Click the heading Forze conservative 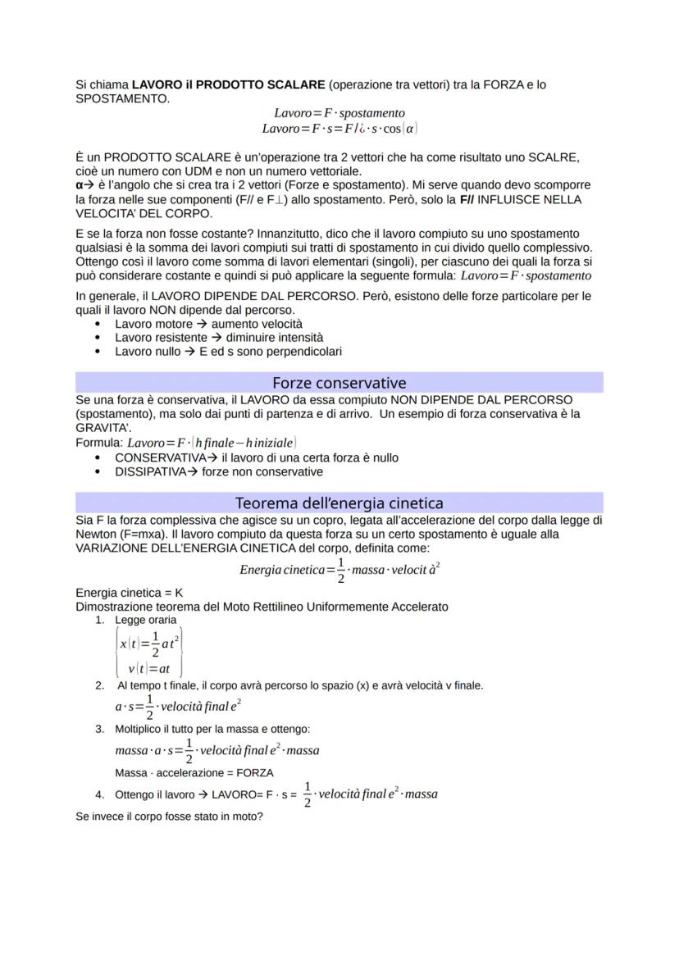tap(339, 383)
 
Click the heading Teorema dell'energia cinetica tap(339, 503)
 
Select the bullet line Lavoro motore tap(208, 324)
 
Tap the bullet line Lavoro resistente tap(218, 337)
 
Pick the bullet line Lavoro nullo tap(227, 351)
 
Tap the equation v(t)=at tap(149, 668)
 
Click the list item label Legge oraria tap(145, 620)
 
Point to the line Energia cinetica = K tap(129, 592)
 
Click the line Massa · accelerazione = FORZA tap(194, 772)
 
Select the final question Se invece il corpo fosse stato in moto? tap(169, 817)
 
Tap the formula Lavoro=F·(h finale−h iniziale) tap(204, 443)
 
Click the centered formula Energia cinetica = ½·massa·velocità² tap(339, 570)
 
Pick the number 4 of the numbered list tap(99, 794)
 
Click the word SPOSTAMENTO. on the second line tap(122, 98)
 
